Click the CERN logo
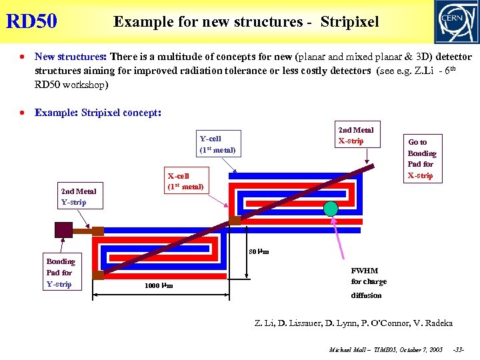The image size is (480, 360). pos(456,21)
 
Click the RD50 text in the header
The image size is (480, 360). pos(31,21)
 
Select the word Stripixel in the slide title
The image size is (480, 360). pos(349,22)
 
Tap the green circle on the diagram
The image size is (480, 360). pos(331,207)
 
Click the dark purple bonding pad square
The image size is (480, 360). pos(64,229)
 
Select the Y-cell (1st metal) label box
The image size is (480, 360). pos(218,144)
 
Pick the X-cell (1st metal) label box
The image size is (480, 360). pos(185,181)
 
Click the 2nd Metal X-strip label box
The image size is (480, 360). pos(356,135)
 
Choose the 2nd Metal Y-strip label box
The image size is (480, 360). pos(79,197)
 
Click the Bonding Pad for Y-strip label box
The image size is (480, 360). pos(60,273)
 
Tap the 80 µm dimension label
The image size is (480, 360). pos(259,252)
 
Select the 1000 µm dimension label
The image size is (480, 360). pos(159,286)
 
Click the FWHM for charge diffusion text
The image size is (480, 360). pos(368,283)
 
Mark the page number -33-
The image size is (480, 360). pos(459,349)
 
